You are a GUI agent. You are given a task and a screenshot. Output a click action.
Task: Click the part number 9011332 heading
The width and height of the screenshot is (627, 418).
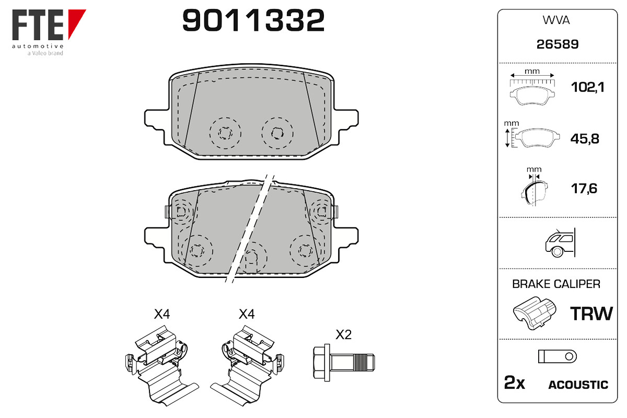click(x=253, y=20)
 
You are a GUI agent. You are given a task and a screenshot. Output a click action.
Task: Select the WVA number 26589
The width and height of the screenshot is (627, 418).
click(x=558, y=44)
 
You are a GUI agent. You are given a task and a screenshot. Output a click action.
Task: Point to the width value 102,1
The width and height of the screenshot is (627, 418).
click(x=587, y=87)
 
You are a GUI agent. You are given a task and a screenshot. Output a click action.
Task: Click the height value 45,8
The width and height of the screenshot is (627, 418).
click(x=585, y=139)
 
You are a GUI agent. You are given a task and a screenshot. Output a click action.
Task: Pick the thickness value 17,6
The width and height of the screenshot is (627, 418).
click(x=584, y=189)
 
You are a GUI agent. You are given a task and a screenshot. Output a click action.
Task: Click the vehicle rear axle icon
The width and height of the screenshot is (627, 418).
click(x=560, y=242)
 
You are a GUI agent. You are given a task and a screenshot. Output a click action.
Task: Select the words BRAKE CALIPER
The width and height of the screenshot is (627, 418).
click(x=556, y=284)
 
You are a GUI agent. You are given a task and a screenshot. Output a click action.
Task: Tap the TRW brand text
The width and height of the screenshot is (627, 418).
click(x=591, y=313)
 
